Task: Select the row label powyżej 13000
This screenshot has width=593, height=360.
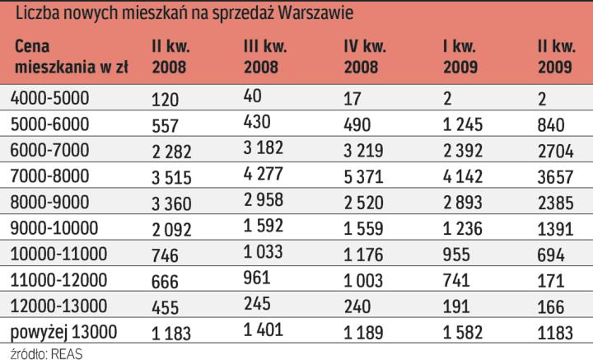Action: click(65, 332)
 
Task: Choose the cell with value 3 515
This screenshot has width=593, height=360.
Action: click(172, 178)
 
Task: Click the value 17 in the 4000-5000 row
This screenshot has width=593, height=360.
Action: click(352, 99)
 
